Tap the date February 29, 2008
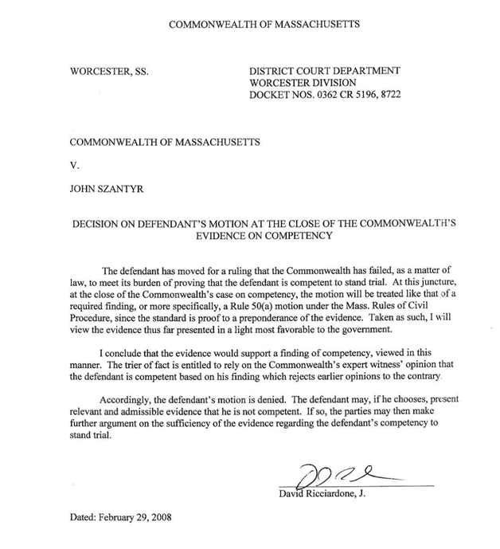pos(120,516)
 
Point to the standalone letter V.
pos(74,167)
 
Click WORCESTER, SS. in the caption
pos(109,71)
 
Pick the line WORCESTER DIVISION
pos(303,83)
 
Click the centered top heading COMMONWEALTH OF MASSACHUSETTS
pos(264,24)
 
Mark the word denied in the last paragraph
pos(283,401)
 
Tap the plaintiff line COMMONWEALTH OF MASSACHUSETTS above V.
pos(165,142)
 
